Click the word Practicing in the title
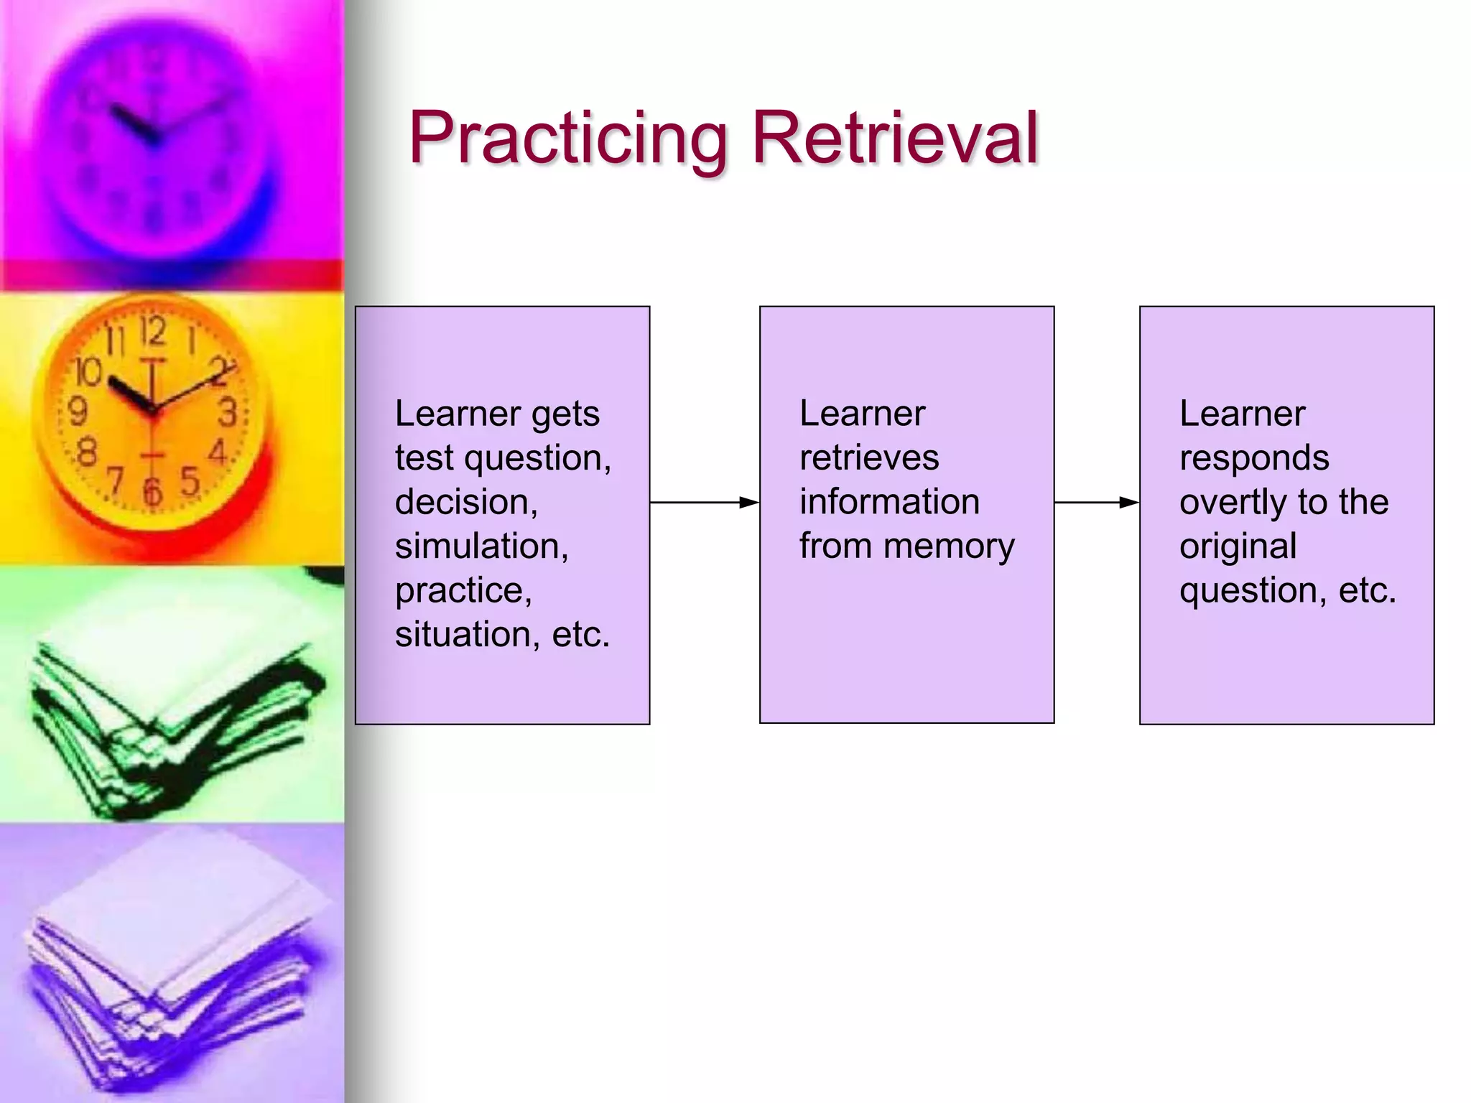[x=567, y=138]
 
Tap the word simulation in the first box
[x=481, y=546]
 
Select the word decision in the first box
[x=465, y=502]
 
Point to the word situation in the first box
[x=466, y=635]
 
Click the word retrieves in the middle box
[x=869, y=458]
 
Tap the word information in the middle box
[x=889, y=502]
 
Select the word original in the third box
[x=1238, y=547]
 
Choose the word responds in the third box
[x=1254, y=458]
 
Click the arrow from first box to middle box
[x=704, y=503]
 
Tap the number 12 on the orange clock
[x=152, y=332]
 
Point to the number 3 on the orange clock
[x=228, y=413]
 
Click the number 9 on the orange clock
[x=78, y=412]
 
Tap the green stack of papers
[x=172, y=718]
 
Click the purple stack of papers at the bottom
[x=172, y=969]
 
